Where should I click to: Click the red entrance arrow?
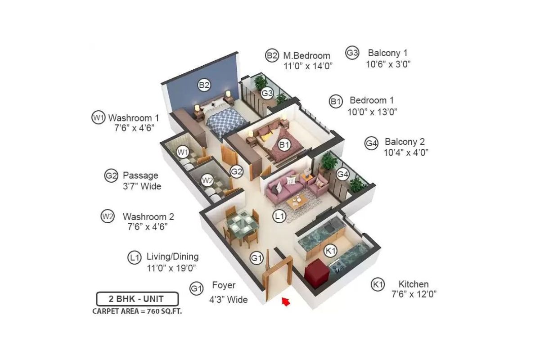[285, 301]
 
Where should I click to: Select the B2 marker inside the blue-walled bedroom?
[204, 85]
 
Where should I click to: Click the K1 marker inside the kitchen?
[331, 251]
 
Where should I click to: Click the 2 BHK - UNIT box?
[137, 299]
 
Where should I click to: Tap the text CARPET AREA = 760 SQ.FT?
[137, 311]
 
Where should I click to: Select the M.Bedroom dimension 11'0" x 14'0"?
[308, 66]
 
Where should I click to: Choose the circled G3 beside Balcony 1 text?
[352, 53]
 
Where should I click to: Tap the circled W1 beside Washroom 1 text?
[98, 118]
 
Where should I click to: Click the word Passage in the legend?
[140, 175]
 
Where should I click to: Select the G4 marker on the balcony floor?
[342, 174]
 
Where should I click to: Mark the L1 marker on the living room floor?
[279, 216]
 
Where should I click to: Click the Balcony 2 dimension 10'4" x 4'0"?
[405, 153]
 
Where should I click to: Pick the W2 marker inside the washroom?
[207, 180]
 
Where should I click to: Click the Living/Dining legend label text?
[172, 257]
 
